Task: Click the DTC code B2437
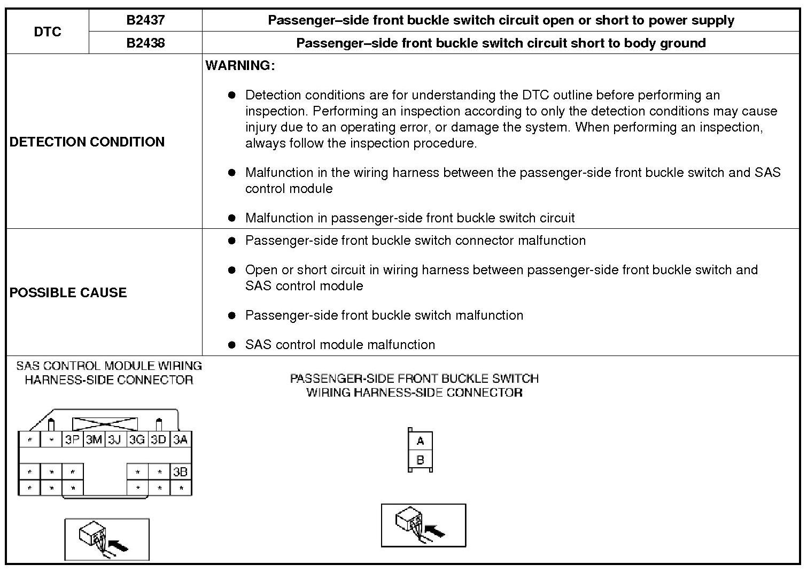click(145, 20)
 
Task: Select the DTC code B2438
click(145, 43)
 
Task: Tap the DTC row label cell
click(48, 32)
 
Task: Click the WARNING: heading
click(240, 66)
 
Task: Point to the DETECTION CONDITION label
click(87, 142)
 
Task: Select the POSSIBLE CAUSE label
click(68, 292)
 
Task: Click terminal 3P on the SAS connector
click(72, 440)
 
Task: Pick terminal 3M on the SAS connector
click(94, 440)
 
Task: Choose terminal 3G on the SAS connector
click(137, 440)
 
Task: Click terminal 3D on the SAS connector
click(159, 440)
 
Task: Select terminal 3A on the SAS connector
click(181, 440)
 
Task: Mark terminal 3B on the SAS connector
click(181, 472)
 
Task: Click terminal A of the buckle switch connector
click(420, 442)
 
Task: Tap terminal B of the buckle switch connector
click(420, 460)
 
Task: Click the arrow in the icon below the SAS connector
click(119, 546)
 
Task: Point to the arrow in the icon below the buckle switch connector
click(436, 531)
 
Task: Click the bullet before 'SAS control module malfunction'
click(231, 345)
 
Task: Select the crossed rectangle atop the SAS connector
click(105, 424)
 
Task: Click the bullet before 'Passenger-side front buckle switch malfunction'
click(231, 315)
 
